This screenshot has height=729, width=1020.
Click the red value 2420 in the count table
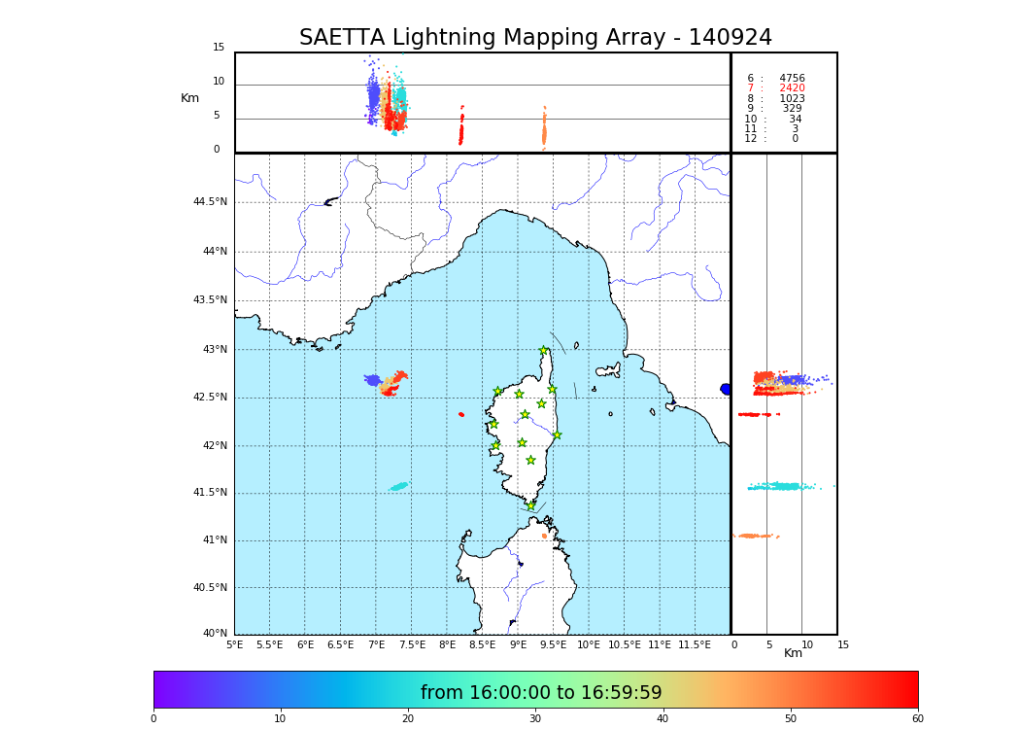tap(792, 88)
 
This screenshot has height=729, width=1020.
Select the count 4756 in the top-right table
tap(792, 79)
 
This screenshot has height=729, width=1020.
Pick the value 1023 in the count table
tap(792, 99)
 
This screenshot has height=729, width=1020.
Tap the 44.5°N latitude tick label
tap(210, 202)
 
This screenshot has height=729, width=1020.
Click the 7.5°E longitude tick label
tap(412, 645)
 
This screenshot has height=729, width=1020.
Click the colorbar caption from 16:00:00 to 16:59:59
tap(541, 693)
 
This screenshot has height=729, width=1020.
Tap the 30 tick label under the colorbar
tap(535, 719)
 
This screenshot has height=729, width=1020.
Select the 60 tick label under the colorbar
tap(917, 719)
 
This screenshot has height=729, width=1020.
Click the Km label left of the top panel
tap(190, 98)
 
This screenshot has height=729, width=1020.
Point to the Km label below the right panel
tap(793, 653)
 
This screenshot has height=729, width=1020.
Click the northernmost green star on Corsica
tap(543, 351)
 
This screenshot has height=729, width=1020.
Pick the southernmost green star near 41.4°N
tap(530, 505)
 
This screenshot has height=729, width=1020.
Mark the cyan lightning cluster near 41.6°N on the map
tap(399, 486)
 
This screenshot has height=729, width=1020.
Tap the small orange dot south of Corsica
tap(544, 536)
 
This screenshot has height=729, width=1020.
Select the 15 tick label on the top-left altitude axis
tap(219, 48)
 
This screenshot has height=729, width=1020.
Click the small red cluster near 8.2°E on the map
tap(460, 414)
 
